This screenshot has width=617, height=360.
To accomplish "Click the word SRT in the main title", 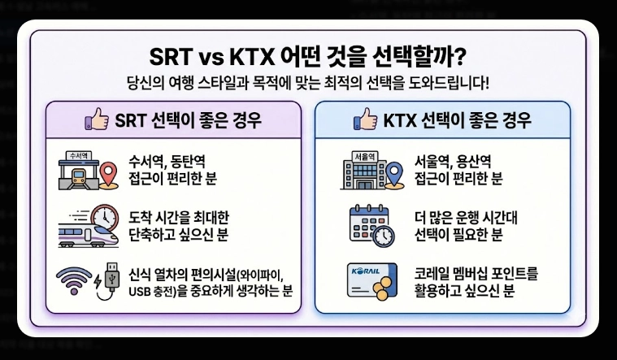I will (176, 57).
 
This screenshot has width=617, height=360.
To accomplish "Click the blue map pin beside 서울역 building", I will (394, 174).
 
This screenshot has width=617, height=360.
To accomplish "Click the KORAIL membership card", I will (366, 276).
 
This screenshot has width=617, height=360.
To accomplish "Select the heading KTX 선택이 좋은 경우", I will (456, 122).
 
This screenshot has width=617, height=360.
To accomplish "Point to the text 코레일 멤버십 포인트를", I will (476, 271).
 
